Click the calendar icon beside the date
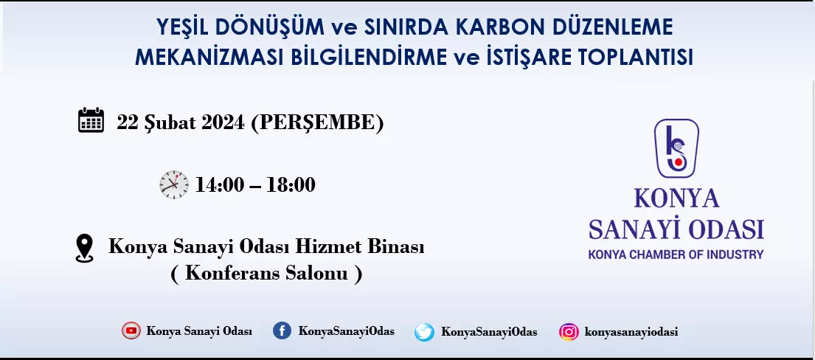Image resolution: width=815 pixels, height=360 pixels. pyautogui.click(x=91, y=120)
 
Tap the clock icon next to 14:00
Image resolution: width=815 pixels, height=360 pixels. pyautogui.click(x=174, y=184)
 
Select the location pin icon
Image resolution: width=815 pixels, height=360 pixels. pyautogui.click(x=84, y=248)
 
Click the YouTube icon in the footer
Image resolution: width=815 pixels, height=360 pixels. pyautogui.click(x=131, y=330)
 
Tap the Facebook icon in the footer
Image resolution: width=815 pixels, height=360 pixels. pyautogui.click(x=282, y=330)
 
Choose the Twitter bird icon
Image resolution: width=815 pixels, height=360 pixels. pyautogui.click(x=424, y=332)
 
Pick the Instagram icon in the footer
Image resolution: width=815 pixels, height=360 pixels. pyautogui.click(x=569, y=331)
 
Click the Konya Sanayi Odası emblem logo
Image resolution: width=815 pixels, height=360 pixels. pyautogui.click(x=676, y=148)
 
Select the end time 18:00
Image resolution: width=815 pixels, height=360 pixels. pyautogui.click(x=291, y=184)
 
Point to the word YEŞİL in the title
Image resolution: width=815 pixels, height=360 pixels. pyautogui.click(x=183, y=27)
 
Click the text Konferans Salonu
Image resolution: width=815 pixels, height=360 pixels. pyautogui.click(x=266, y=273)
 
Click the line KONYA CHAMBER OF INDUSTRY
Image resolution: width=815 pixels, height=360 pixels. pyautogui.click(x=676, y=255)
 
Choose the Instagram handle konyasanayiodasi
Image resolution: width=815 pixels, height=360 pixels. pyautogui.click(x=631, y=332)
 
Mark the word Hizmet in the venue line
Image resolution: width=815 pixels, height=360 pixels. pyautogui.click(x=330, y=246)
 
